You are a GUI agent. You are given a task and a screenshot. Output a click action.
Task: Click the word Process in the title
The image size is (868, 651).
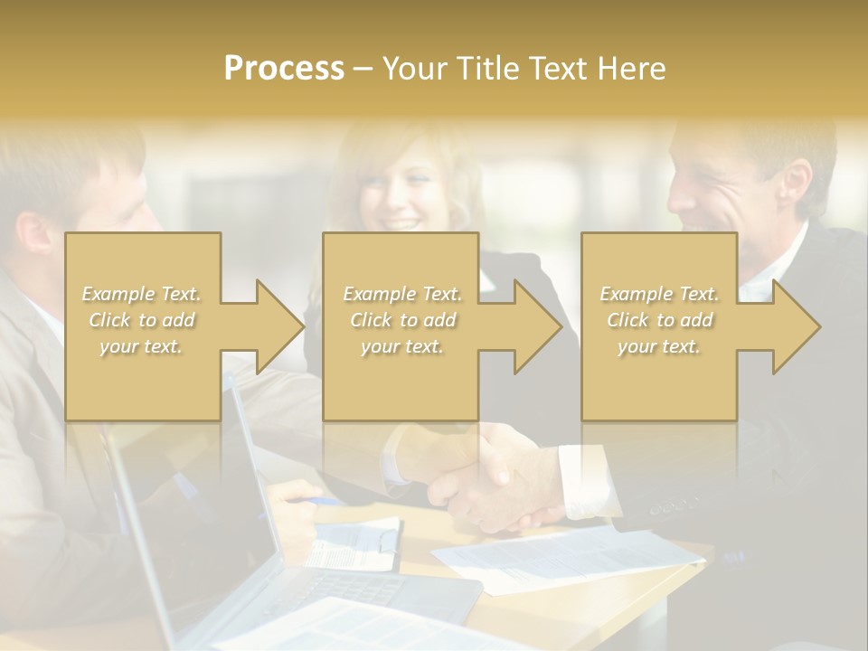pyautogui.click(x=284, y=69)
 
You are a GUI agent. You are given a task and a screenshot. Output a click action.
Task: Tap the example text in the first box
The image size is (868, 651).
pyautogui.click(x=141, y=320)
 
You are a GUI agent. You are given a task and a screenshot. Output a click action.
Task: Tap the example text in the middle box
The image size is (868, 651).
pyautogui.click(x=401, y=320)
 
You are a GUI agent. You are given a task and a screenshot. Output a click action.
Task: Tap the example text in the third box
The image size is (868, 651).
pyautogui.click(x=659, y=320)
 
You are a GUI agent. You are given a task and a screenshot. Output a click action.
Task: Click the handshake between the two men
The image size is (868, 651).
pyautogui.click(x=488, y=479)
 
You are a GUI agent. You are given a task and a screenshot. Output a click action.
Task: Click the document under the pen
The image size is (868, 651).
pyautogui.click(x=357, y=542)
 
